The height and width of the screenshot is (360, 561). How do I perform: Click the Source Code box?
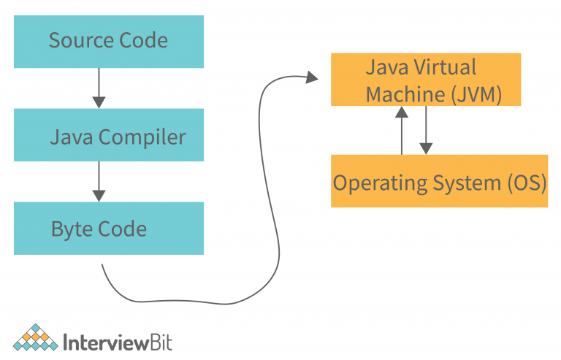click(108, 41)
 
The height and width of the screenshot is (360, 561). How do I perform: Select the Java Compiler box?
click(108, 136)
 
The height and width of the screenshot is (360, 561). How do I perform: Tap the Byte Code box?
click(108, 229)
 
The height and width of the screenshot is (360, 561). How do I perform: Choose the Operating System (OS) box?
click(439, 181)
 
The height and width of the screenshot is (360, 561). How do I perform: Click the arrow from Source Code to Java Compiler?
click(99, 88)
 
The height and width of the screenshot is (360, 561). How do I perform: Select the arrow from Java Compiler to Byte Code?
click(99, 182)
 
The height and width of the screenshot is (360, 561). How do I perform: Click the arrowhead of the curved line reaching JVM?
click(313, 77)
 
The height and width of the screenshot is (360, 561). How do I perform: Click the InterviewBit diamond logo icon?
click(35, 337)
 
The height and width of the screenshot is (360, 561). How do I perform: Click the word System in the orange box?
click(462, 182)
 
